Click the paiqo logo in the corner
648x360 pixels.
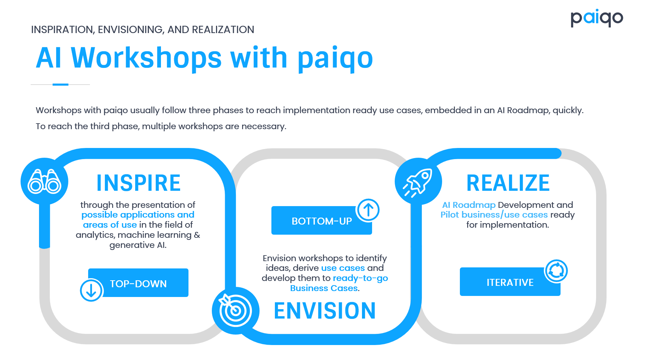point(597,18)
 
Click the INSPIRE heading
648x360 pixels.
point(139,183)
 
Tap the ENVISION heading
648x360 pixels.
point(325,311)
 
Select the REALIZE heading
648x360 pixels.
point(508,183)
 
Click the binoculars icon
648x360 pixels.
point(45,181)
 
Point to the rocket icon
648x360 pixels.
point(418,182)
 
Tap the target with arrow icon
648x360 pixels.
point(236,310)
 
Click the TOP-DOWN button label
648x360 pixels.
point(138,284)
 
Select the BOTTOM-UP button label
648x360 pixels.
point(322,221)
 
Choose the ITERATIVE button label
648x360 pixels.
point(510,282)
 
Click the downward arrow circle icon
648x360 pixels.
point(91,290)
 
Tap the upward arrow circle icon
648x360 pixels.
point(368,210)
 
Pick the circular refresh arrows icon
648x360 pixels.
point(556,271)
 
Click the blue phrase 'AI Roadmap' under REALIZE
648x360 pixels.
point(469,205)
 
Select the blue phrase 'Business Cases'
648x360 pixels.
point(324,288)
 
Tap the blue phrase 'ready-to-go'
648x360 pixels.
point(361,278)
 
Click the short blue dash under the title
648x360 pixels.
point(60,84)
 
